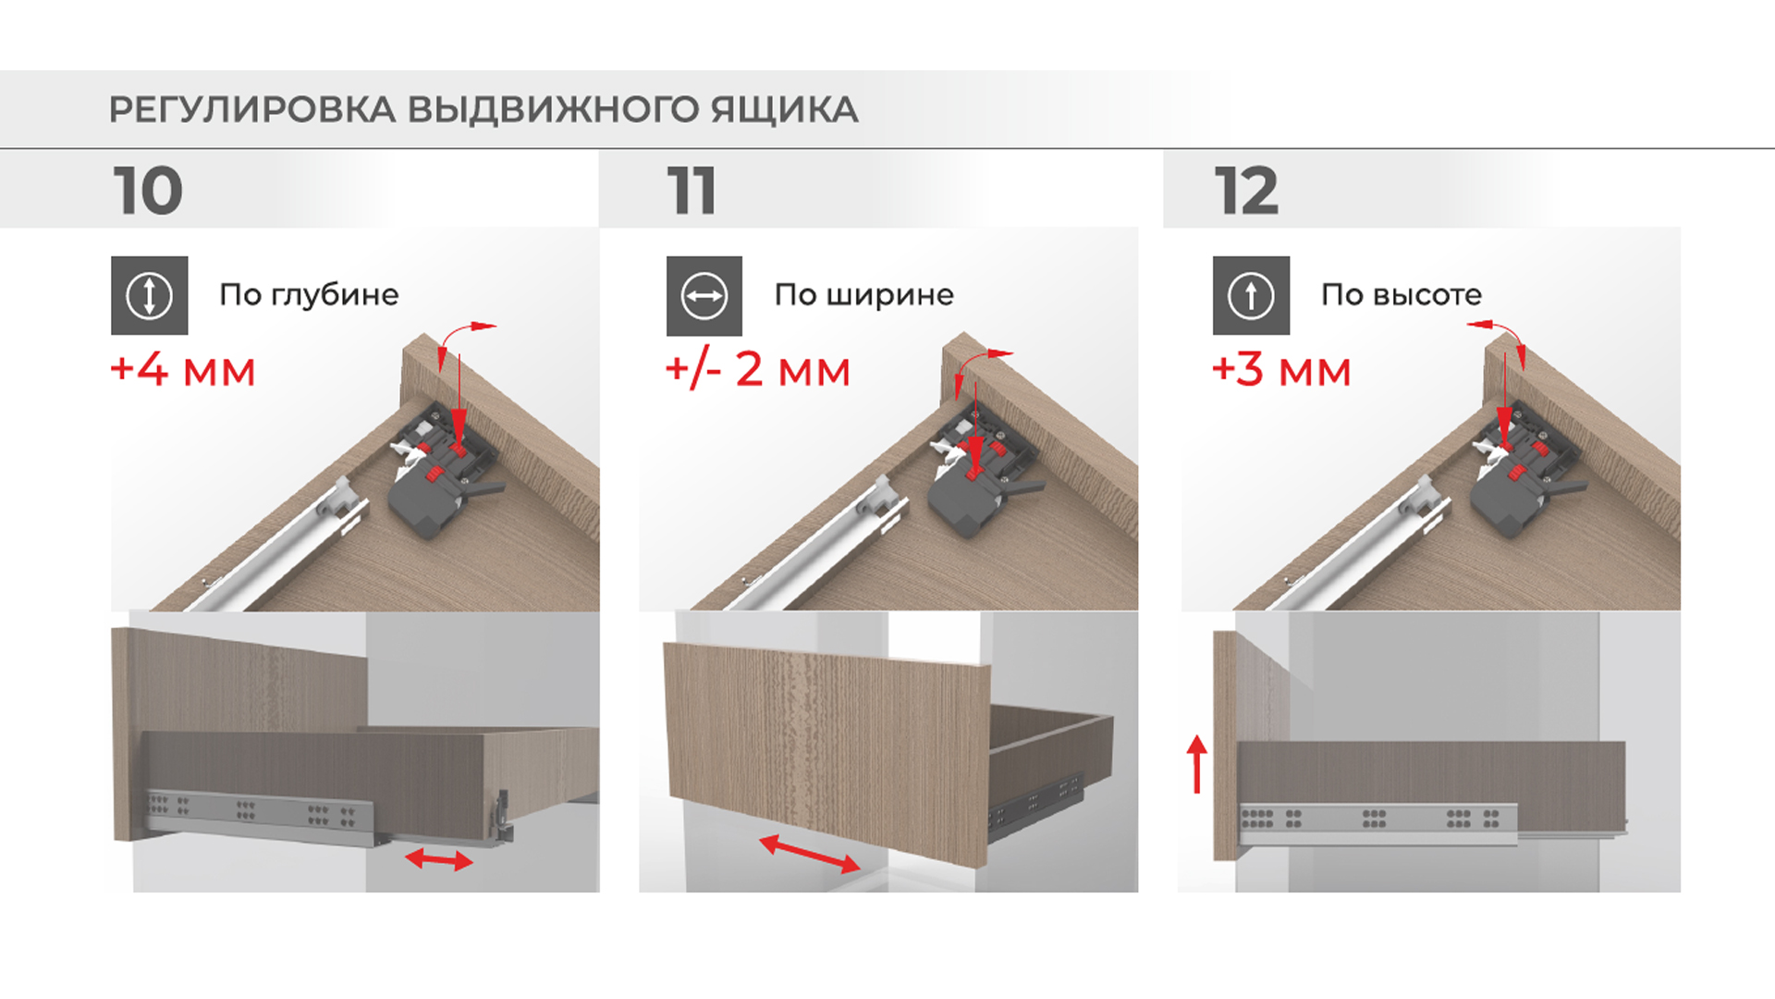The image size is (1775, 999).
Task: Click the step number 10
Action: tap(148, 191)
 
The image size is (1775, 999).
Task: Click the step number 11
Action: tap(692, 191)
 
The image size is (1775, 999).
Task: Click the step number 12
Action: tap(1246, 191)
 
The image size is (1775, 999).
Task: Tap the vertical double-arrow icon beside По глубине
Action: tap(150, 295)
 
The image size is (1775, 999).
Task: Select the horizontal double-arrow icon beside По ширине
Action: tap(704, 296)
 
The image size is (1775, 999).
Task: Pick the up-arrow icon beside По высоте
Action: tap(1251, 295)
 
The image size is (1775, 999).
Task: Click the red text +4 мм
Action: tap(183, 369)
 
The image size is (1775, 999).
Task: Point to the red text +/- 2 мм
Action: tap(758, 369)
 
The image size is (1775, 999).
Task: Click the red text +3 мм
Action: tap(1281, 369)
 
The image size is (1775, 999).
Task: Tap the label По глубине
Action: tap(309, 295)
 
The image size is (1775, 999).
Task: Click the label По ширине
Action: tap(864, 295)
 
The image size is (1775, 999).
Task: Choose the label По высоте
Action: tap(1402, 295)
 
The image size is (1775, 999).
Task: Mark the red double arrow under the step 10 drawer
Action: tap(439, 860)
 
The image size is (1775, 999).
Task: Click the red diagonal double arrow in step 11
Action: tap(809, 855)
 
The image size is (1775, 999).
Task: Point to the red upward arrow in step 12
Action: tap(1197, 764)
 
